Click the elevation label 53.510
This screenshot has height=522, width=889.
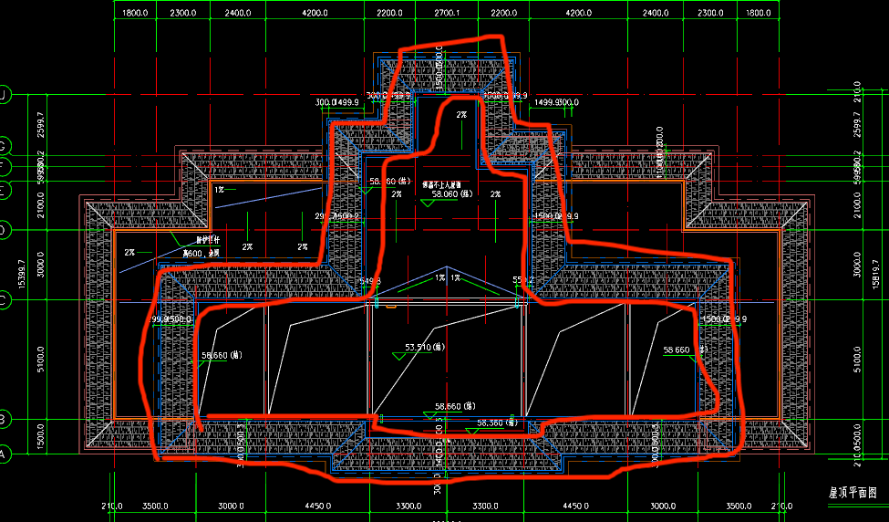(x=423, y=348)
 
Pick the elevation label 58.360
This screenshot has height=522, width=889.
(x=498, y=423)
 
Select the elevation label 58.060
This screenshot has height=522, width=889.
(x=450, y=194)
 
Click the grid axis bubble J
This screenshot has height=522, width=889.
(x=4, y=96)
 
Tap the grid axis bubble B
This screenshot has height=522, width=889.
(x=4, y=419)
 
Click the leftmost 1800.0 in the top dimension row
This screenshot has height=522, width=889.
(x=135, y=14)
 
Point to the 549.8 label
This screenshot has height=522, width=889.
(x=370, y=281)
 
